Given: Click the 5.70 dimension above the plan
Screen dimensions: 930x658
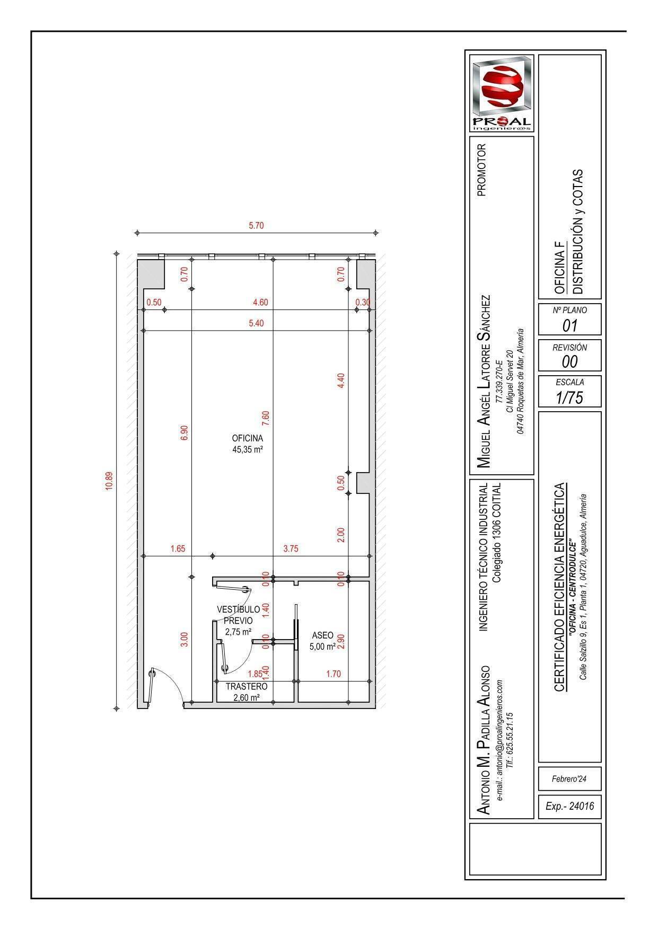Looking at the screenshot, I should (x=256, y=226).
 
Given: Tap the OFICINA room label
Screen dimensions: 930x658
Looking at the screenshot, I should (x=247, y=438).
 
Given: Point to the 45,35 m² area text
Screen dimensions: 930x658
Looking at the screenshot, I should (x=247, y=449).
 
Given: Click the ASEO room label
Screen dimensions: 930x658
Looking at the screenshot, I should (x=322, y=635).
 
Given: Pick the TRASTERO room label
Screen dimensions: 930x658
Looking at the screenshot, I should (x=247, y=686).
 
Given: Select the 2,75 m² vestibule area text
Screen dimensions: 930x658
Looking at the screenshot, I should (x=238, y=632).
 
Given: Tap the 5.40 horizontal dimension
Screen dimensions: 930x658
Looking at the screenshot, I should (x=256, y=323).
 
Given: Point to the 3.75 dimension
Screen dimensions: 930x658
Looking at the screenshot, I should (x=291, y=549).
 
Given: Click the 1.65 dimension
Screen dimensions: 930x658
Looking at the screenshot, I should (x=178, y=549).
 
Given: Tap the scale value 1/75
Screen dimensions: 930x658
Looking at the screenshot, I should (x=569, y=397).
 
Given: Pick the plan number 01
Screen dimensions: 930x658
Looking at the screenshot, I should (x=569, y=325).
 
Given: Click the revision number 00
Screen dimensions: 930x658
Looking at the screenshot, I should (x=569, y=361).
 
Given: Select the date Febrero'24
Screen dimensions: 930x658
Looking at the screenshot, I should (x=569, y=780).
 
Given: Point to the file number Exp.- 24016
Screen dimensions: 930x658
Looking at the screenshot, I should (x=569, y=806).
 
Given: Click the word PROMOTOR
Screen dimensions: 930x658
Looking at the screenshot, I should (x=481, y=170).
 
